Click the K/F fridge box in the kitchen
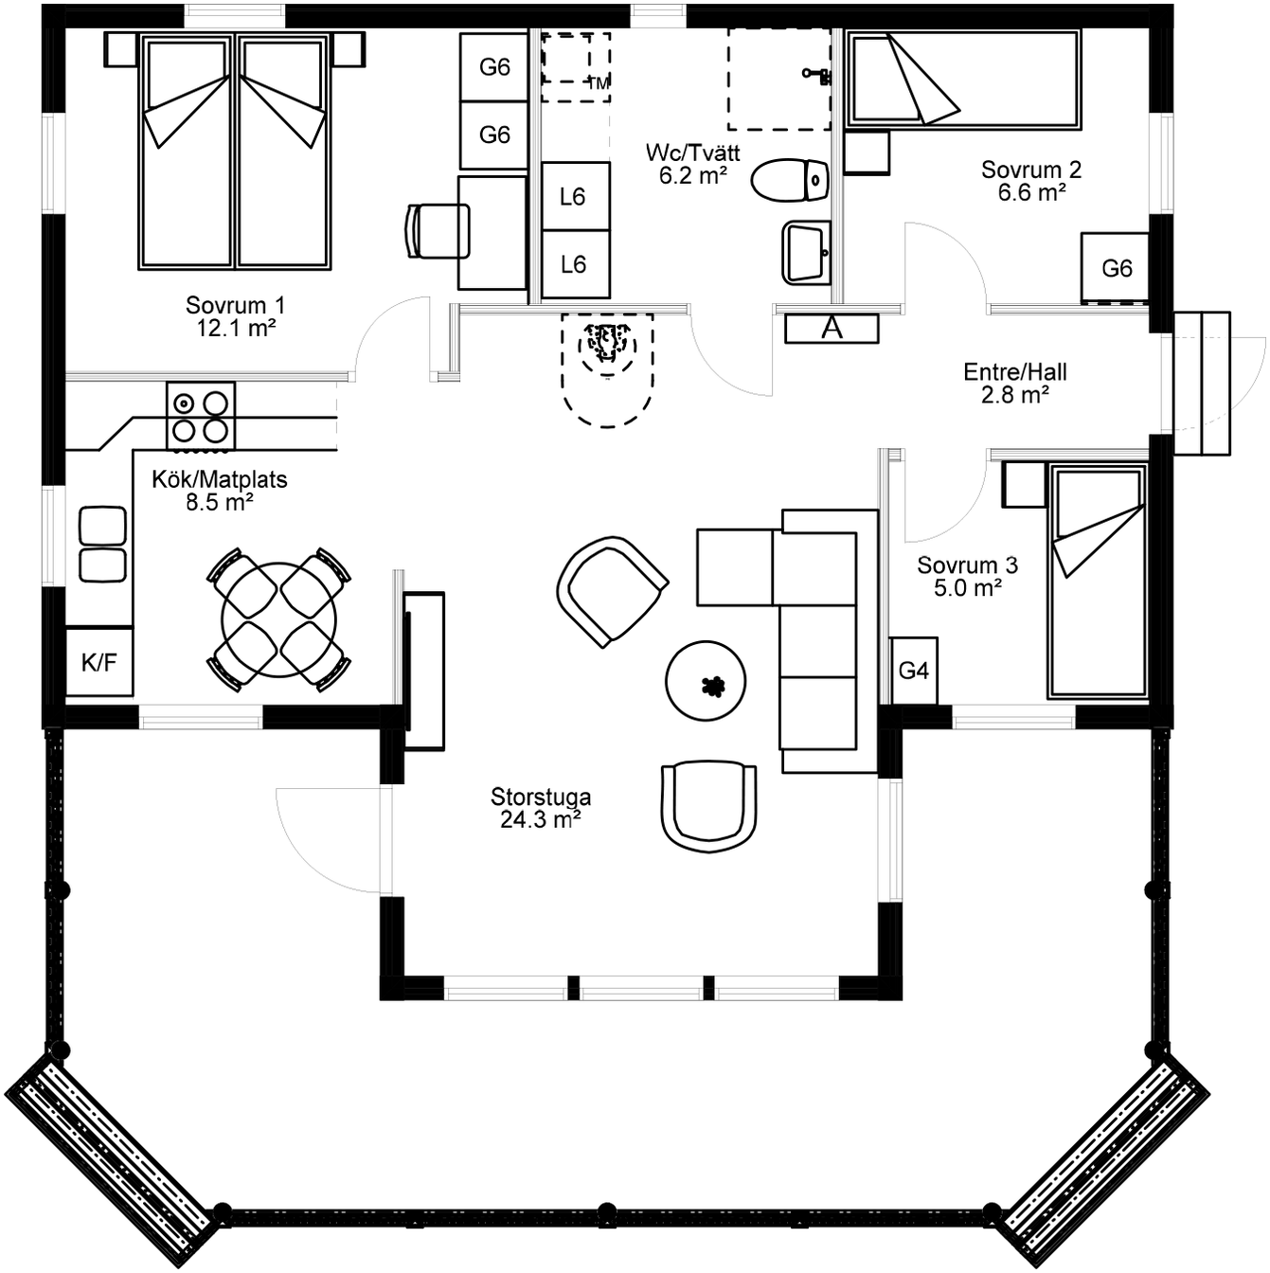(x=99, y=661)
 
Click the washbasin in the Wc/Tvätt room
(x=806, y=253)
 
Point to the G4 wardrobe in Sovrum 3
(x=914, y=671)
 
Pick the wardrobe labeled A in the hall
(x=832, y=329)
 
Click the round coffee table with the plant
(x=706, y=681)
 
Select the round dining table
(x=279, y=619)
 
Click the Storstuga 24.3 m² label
(x=541, y=809)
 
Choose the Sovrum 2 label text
(x=1030, y=170)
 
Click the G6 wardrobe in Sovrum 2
(x=1116, y=267)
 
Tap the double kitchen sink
(x=102, y=544)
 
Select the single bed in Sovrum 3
(x=1097, y=580)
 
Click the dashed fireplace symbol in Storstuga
(x=607, y=370)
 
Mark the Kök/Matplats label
(x=220, y=479)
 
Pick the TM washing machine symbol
(x=576, y=66)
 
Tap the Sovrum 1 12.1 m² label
(x=235, y=316)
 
